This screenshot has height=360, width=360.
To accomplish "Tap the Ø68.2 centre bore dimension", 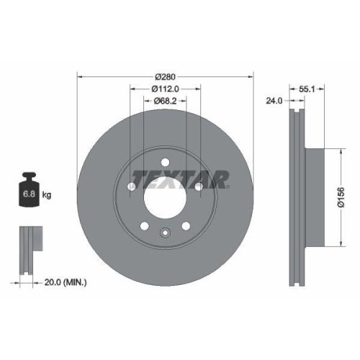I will click(x=166, y=102).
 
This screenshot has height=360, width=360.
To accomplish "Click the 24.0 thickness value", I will click(x=274, y=100).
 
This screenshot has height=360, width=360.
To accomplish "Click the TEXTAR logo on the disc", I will click(x=180, y=177).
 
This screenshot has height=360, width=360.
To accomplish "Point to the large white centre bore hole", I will click(x=165, y=195).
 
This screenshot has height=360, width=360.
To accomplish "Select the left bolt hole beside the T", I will click(x=132, y=189).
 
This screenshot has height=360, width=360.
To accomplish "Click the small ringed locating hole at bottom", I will click(x=165, y=232).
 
